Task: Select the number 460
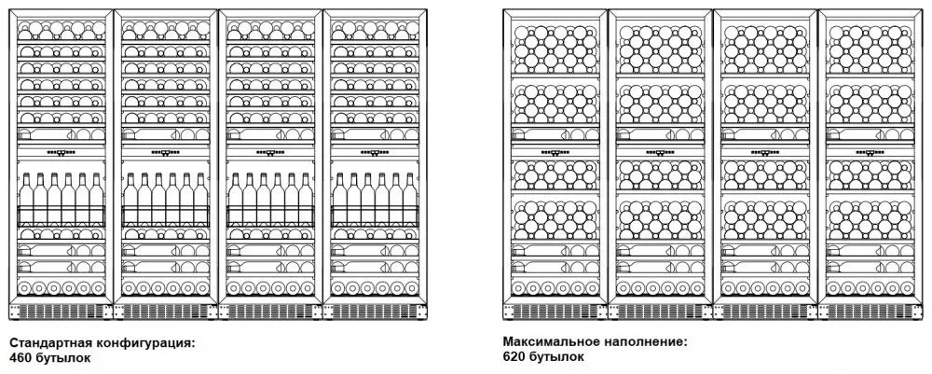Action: coord(21,357)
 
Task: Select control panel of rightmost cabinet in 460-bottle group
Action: coord(376,153)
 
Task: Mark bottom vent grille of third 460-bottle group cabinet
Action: coord(271,310)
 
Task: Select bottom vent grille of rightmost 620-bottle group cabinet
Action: coord(870,310)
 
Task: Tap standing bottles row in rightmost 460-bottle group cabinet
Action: coord(376,195)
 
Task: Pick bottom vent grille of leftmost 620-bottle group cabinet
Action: coord(556,310)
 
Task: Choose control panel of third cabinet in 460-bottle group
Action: coord(271,153)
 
